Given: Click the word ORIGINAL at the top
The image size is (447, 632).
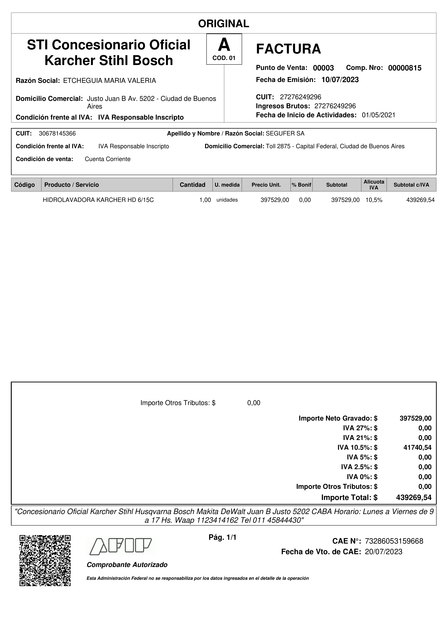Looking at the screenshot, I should pyautogui.click(x=223, y=24).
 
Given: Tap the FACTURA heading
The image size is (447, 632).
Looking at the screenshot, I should pyautogui.click(x=288, y=49).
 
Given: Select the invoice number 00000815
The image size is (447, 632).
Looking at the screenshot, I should pyautogui.click(x=405, y=68).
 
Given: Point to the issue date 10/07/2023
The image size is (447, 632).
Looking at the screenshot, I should pyautogui.click(x=340, y=80).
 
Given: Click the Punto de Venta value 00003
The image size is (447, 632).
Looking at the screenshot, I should pyautogui.click(x=323, y=68).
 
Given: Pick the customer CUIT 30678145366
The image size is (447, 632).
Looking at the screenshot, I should pyautogui.click(x=57, y=133).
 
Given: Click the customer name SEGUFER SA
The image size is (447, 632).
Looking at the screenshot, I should pyautogui.click(x=285, y=133).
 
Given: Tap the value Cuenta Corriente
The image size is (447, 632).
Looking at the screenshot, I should pyautogui.click(x=107, y=159).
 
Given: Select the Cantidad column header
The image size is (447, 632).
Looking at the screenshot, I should pyautogui.click(x=192, y=185).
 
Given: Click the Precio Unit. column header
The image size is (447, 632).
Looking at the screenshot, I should pyautogui.click(x=266, y=185).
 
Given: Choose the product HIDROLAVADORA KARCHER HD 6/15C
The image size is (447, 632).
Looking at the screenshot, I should pyautogui.click(x=98, y=200).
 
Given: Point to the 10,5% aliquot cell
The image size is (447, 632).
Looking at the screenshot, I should pyautogui.click(x=374, y=200).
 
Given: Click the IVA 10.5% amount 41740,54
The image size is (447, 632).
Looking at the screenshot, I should pyautogui.click(x=417, y=448).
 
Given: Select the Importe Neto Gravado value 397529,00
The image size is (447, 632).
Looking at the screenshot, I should pyautogui.click(x=415, y=418).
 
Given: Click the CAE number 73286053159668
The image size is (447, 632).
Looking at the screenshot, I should pyautogui.click(x=394, y=541).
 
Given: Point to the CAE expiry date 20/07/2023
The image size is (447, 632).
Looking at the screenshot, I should pyautogui.click(x=383, y=552).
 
